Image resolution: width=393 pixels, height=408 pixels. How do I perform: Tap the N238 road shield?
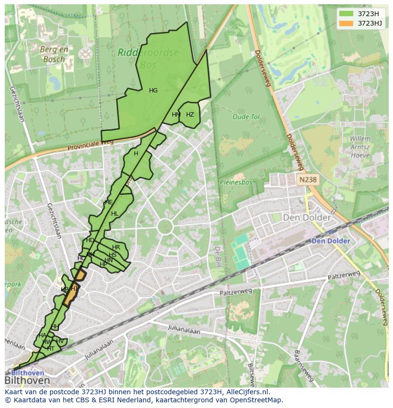(308, 180)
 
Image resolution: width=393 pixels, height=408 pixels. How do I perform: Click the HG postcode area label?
(153, 91)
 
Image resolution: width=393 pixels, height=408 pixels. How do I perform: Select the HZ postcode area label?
(190, 115)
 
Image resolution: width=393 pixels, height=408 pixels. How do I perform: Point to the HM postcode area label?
(176, 115)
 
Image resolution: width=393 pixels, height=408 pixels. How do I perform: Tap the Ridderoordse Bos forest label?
(148, 58)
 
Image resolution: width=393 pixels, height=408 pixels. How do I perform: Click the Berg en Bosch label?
(54, 54)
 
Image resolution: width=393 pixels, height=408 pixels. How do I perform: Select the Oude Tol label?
(246, 117)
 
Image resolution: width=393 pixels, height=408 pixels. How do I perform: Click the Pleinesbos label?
(236, 181)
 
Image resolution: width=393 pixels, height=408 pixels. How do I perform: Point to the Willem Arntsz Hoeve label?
(360, 147)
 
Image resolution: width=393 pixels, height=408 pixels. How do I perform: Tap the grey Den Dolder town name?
(307, 218)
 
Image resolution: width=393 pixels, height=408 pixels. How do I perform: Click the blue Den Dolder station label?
(331, 241)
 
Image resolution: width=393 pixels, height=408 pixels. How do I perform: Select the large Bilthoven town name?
(27, 381)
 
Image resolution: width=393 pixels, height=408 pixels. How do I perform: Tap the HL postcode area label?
(114, 214)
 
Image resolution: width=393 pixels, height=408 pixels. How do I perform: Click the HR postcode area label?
(116, 247)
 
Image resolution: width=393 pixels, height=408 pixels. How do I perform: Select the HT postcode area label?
(51, 348)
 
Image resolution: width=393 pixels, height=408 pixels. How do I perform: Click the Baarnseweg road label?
(303, 365)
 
